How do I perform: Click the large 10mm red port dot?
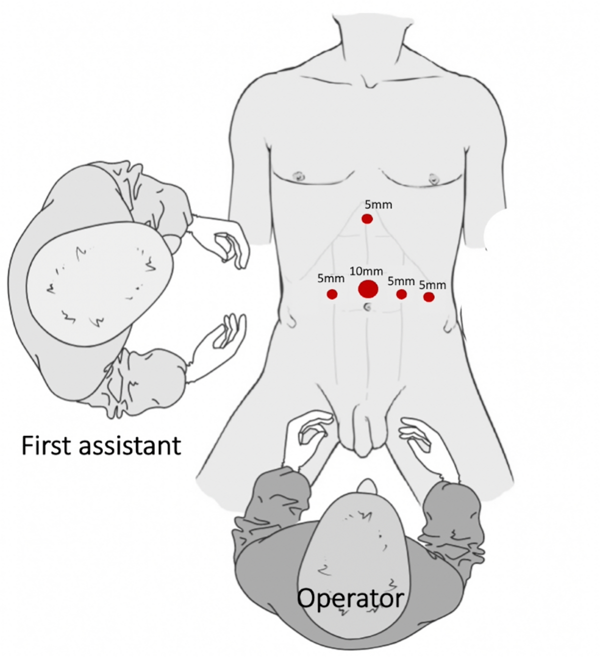pos(368,289)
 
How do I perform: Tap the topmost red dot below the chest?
pos(367,219)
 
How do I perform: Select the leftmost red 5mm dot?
pos(332,294)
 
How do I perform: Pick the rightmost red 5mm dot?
pos(428,297)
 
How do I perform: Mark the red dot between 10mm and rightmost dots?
pos(401,294)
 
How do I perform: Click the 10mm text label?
pos(366,271)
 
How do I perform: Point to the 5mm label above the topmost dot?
pos(378,204)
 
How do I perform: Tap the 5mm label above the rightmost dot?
pos(432,285)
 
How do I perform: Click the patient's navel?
pos(367,307)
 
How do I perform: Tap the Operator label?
pos(350,598)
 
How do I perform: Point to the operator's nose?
pos(367,486)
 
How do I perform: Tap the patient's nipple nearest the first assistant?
pos(300,176)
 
